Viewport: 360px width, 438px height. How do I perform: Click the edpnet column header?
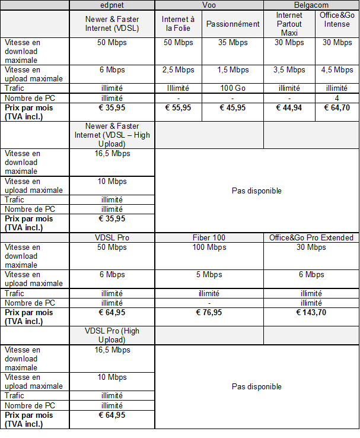click(112, 5)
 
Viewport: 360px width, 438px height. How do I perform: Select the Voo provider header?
click(209, 5)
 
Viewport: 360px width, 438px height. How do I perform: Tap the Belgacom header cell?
click(311, 5)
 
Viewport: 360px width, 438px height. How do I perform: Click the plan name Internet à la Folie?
click(179, 24)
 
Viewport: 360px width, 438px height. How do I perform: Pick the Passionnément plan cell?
click(233, 24)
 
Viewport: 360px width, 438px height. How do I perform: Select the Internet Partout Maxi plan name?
click(289, 24)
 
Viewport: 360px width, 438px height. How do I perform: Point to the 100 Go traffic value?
click(233, 88)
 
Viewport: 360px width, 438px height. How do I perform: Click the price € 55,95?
click(179, 108)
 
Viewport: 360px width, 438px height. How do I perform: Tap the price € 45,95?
click(233, 108)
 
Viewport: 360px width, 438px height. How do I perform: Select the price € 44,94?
click(289, 108)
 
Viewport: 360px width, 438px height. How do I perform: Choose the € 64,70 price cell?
click(337, 108)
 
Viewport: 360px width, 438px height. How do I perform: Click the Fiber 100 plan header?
click(209, 237)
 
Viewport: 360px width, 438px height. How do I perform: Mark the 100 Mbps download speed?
click(209, 247)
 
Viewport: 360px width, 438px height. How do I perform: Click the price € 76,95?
click(209, 312)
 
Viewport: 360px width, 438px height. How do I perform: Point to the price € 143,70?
click(311, 312)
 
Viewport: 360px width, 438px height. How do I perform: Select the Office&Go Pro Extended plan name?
click(311, 237)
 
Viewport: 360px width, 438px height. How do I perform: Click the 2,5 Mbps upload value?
click(179, 70)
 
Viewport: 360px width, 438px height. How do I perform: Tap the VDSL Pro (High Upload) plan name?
click(112, 335)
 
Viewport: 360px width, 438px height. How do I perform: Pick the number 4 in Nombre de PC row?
click(337, 98)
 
